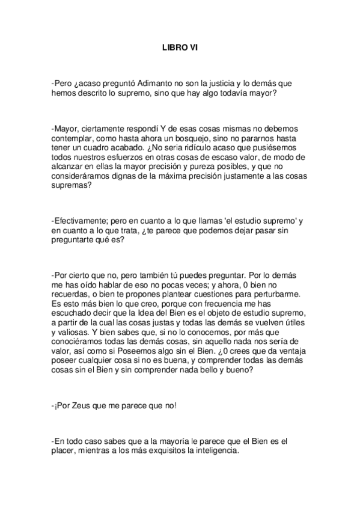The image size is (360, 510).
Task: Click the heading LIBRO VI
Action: click(x=180, y=51)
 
